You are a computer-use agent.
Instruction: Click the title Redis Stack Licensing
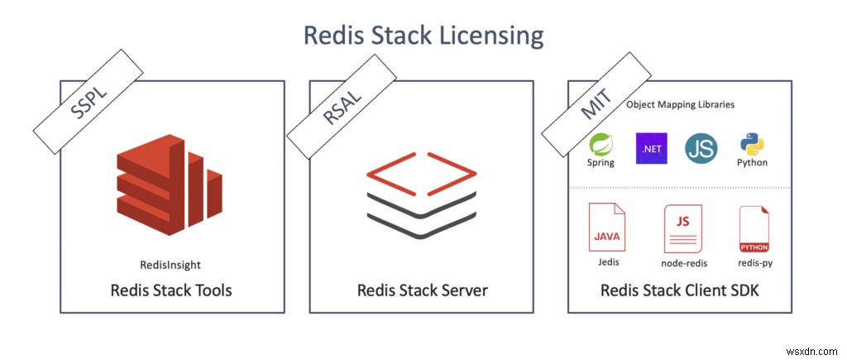[423, 35]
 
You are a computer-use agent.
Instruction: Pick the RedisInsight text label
[171, 264]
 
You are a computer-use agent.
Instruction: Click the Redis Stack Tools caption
[171, 290]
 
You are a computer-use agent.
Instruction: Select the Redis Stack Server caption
[422, 290]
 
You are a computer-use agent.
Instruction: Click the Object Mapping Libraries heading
[680, 105]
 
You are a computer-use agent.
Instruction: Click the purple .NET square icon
[650, 148]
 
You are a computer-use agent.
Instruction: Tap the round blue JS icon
[701, 148]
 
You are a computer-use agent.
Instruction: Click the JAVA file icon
[606, 228]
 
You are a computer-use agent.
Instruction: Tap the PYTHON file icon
[753, 229]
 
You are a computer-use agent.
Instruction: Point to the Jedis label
[607, 262]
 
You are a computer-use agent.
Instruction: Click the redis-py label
[754, 262]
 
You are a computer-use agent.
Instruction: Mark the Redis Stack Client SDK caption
[680, 290]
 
